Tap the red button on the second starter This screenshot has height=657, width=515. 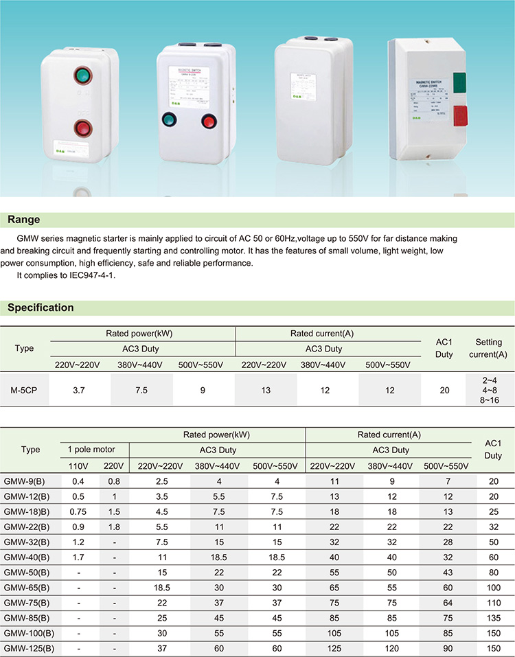coord(208,122)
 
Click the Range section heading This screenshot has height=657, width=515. coord(23,220)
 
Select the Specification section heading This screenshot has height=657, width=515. coord(41,308)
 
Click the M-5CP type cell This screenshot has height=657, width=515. coord(23,390)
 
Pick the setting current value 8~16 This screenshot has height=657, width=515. coord(488,399)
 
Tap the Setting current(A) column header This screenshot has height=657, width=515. coord(488,348)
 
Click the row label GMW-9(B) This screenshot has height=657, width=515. coord(26,481)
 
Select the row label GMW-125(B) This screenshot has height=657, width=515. coord(28,647)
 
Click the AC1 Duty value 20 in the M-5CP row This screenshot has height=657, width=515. coord(444,390)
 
